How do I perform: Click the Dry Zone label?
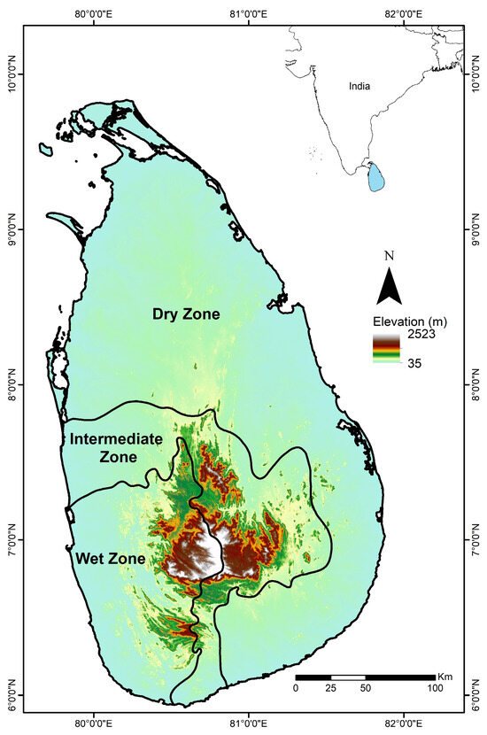185,314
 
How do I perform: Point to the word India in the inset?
359,86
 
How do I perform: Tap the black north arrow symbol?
389,287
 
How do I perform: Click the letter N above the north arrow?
389,256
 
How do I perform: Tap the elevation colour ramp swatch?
385,349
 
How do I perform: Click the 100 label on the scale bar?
435,688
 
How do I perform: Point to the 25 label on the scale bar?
330,688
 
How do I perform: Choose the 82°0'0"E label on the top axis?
403,13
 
